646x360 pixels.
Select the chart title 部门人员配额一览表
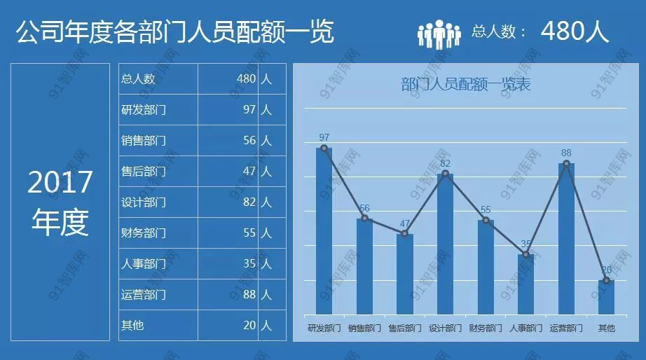(466, 85)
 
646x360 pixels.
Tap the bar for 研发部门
(324, 231)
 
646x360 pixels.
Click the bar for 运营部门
(566, 238)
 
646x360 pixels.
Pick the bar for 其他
(607, 297)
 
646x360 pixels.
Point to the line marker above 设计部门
(445, 173)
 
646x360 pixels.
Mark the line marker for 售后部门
(405, 233)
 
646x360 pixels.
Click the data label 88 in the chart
(566, 153)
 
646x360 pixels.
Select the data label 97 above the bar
(324, 137)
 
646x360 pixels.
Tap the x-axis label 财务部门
(486, 328)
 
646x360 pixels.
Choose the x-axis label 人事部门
(525, 328)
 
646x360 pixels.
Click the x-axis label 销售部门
(364, 328)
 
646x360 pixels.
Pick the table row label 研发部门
(144, 110)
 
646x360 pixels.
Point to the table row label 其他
(132, 326)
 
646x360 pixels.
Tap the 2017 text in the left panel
(60, 183)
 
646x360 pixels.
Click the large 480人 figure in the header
(575, 32)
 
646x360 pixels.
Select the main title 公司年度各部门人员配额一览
(174, 32)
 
